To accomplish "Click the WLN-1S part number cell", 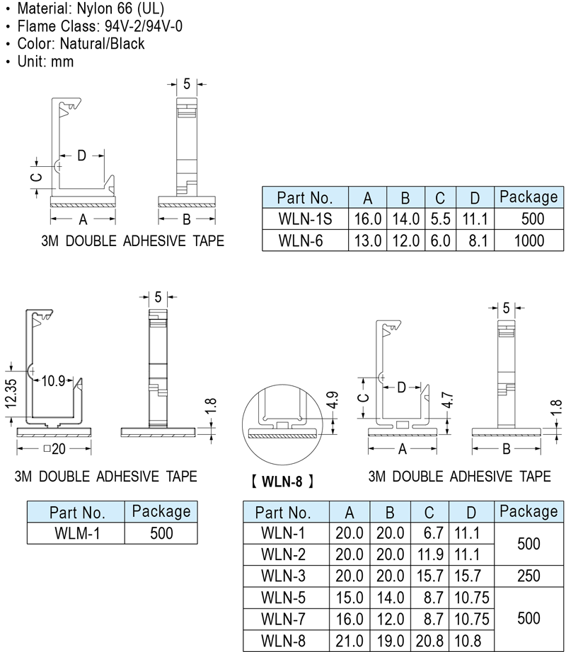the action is point(305,219).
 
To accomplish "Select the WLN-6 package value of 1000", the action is point(529,240).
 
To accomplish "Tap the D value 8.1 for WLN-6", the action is point(478,240).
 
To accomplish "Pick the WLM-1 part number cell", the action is point(77,533).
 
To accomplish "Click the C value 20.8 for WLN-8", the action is point(429,641).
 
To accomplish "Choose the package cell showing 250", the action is point(529,576).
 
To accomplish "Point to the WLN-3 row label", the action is point(283,576).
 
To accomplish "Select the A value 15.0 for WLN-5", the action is point(350,598).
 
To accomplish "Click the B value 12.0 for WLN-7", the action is point(390,619).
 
